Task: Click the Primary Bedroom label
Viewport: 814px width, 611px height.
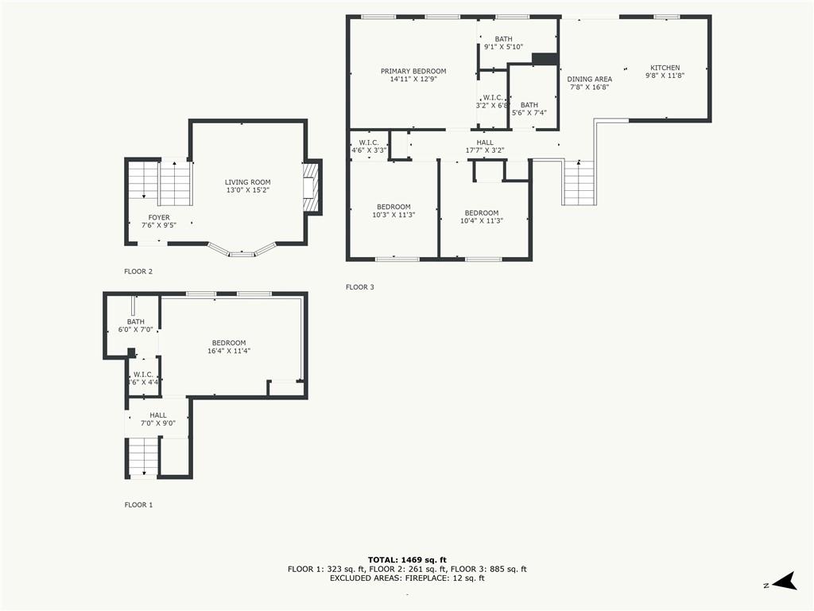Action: pos(413,71)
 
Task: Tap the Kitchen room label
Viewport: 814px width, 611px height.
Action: pos(665,68)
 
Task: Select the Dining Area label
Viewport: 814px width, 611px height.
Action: pos(589,79)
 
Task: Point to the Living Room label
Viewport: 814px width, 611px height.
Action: pos(248,182)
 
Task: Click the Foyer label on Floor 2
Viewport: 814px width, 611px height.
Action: pos(159,217)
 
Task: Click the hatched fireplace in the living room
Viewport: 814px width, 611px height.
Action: pos(310,188)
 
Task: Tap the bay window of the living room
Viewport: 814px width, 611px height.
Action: pos(242,251)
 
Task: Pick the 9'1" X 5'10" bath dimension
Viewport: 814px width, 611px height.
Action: pos(503,47)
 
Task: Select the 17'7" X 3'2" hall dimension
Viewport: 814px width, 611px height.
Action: pos(485,150)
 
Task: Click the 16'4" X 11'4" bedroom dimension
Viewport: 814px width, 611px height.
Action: pos(229,351)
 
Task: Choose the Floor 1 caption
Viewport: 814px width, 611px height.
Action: pos(138,504)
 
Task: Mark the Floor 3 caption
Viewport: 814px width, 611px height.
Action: pos(360,286)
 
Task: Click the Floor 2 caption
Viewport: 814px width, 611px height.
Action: pos(138,271)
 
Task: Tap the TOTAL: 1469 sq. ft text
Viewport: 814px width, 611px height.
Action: pos(407,559)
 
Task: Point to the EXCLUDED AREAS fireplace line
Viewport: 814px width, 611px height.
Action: pos(407,578)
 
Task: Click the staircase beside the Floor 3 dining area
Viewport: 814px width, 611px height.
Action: pos(579,182)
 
